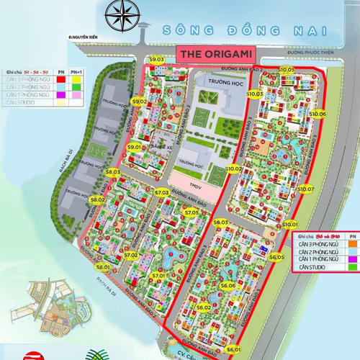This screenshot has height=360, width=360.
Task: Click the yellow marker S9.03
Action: (157, 59)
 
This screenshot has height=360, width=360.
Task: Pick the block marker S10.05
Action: (287, 69)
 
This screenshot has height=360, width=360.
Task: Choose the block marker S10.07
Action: (305, 189)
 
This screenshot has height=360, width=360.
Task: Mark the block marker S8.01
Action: (102, 267)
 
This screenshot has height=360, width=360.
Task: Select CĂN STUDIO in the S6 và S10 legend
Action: (312, 268)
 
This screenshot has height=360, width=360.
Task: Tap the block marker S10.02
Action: (234, 168)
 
